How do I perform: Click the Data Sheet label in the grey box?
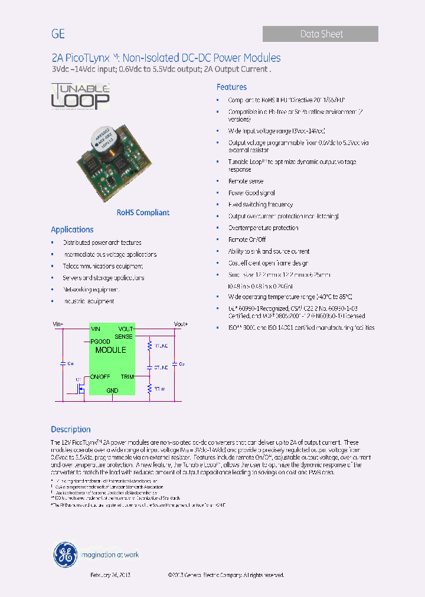(x=321, y=34)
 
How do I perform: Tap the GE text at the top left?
(x=58, y=34)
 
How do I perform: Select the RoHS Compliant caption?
(x=143, y=212)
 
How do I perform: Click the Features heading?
(x=231, y=87)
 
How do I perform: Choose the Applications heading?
(x=72, y=229)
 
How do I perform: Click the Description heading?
(x=71, y=429)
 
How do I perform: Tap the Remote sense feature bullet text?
(x=246, y=181)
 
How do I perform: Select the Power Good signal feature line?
(x=251, y=193)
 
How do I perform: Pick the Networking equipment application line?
(x=91, y=290)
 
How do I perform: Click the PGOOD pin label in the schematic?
(x=100, y=342)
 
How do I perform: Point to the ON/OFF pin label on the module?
(x=100, y=376)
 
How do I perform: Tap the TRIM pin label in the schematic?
(x=127, y=376)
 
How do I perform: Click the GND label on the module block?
(x=112, y=391)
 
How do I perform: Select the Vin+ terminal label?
(x=58, y=324)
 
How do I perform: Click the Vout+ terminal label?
(x=181, y=324)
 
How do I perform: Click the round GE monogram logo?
(x=65, y=554)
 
